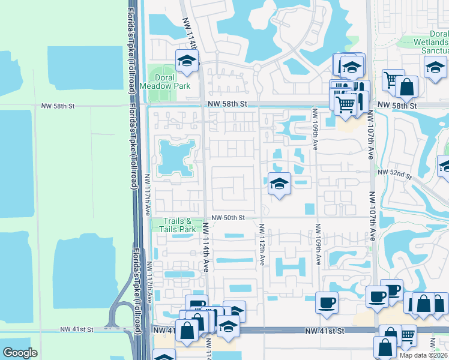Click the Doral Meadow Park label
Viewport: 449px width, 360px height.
(x=165, y=82)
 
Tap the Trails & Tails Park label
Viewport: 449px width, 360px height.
(x=179, y=225)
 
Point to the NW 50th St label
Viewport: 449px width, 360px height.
(x=229, y=217)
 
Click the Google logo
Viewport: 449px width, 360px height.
(x=20, y=353)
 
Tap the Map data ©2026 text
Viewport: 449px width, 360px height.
(x=423, y=355)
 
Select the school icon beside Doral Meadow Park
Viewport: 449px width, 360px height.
(x=187, y=61)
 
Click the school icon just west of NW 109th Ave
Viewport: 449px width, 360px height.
(x=279, y=183)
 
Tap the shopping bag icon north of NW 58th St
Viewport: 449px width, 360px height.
(x=406, y=86)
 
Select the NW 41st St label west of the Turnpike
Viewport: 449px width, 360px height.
(x=77, y=329)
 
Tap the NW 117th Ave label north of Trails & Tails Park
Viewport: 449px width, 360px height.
(x=147, y=194)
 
